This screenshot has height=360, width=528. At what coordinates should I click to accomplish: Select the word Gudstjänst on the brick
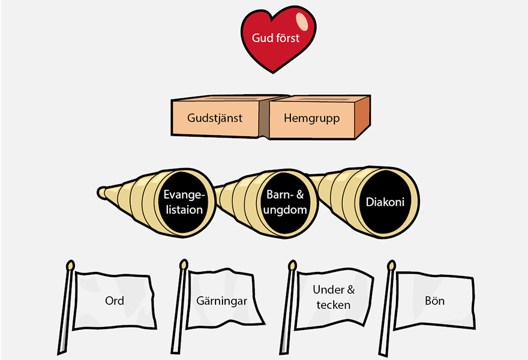click(214, 118)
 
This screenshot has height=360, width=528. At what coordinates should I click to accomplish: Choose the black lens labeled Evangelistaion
click(183, 203)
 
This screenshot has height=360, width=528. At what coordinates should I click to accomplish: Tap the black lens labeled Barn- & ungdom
click(286, 203)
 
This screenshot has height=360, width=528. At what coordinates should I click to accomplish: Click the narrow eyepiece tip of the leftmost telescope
click(101, 193)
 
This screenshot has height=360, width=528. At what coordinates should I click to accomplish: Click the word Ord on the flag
click(114, 300)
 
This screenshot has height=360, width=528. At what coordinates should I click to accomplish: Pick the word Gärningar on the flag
click(221, 301)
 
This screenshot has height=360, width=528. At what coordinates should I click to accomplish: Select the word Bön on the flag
click(434, 300)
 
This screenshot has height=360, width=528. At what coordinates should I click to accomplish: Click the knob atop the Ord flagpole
click(71, 265)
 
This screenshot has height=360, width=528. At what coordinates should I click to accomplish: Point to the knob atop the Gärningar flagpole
click(184, 264)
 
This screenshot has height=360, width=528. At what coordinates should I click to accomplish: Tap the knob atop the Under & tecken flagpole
click(293, 265)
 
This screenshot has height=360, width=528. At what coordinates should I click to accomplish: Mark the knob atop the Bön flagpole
click(392, 265)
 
